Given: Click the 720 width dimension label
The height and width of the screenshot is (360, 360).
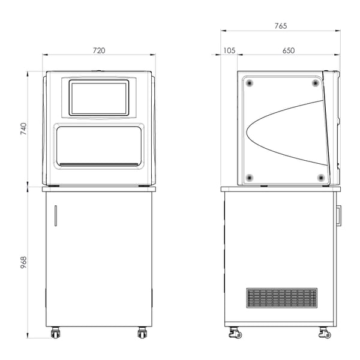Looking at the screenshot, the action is (x=99, y=50).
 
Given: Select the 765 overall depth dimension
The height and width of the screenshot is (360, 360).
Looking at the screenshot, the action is (x=281, y=26).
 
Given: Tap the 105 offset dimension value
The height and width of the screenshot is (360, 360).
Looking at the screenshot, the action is (x=229, y=50).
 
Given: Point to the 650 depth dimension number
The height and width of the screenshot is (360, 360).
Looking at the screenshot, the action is (x=289, y=50).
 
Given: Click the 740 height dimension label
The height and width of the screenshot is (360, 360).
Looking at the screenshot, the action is (x=23, y=128).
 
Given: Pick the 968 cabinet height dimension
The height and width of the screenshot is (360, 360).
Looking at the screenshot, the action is (x=23, y=262).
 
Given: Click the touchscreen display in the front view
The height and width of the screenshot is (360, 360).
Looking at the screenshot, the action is (x=99, y=98).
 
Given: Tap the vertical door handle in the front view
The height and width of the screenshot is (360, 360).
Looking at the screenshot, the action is (x=56, y=215).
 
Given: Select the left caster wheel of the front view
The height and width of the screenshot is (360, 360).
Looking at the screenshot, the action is (x=55, y=332).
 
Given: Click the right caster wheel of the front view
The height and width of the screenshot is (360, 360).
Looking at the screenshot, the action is (x=142, y=332).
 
